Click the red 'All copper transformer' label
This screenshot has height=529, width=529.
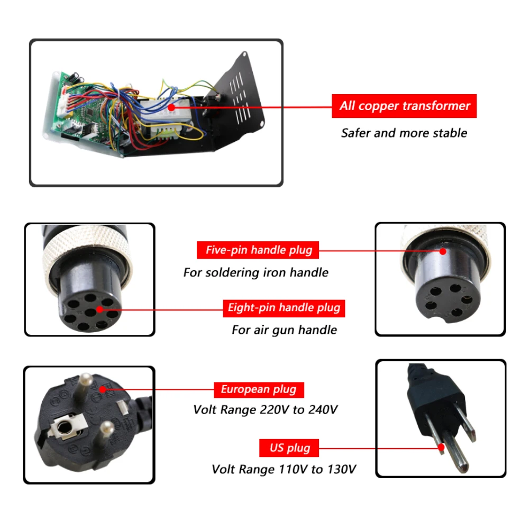click(x=404, y=106)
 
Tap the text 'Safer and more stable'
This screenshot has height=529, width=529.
click(x=404, y=133)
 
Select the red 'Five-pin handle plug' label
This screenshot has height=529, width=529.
click(x=258, y=250)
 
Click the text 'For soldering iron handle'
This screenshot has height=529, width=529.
click(x=256, y=272)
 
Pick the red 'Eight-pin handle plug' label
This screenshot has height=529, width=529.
click(x=284, y=307)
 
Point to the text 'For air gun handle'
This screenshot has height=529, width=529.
click(x=284, y=330)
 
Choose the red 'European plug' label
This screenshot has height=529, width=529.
click(x=259, y=390)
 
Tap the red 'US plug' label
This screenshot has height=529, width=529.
click(x=289, y=448)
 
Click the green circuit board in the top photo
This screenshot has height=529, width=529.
click(x=85, y=106)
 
